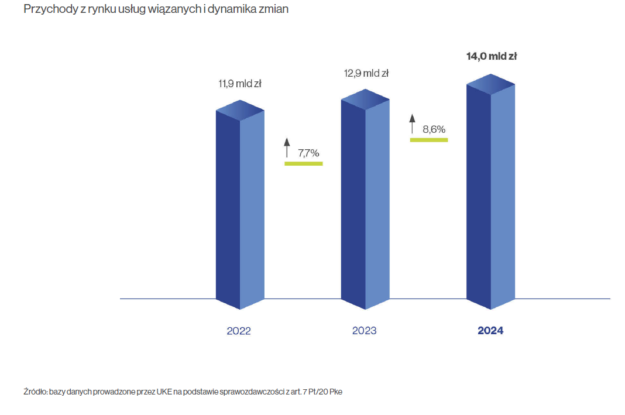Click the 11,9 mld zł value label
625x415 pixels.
[240, 84]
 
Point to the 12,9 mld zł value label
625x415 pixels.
[366, 73]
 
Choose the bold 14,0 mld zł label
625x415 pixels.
[492, 57]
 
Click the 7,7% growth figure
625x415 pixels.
[308, 153]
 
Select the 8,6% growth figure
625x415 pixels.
[434, 129]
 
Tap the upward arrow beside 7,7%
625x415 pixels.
[287, 147]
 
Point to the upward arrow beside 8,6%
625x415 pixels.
[412, 124]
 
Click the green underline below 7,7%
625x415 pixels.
[303, 163]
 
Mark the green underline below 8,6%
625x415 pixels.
[428, 140]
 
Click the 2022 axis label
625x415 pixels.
[239, 331]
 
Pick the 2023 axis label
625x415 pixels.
[364, 331]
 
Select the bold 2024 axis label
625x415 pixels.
[490, 331]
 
